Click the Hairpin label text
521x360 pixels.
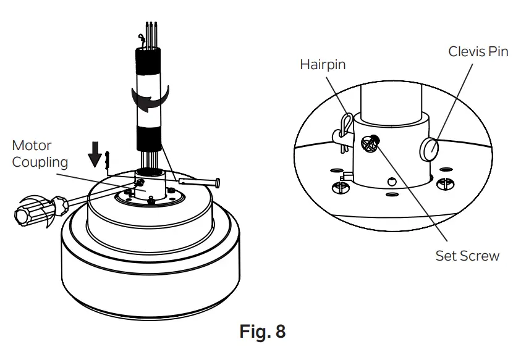[x=323, y=64]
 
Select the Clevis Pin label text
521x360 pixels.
[x=478, y=51]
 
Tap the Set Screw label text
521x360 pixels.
[x=467, y=256]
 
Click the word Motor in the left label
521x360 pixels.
[x=32, y=146]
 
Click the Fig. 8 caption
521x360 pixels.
[x=262, y=332]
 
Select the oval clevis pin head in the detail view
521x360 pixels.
[x=431, y=149]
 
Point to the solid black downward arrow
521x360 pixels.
[x=95, y=155]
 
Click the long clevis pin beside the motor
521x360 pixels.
[x=198, y=182]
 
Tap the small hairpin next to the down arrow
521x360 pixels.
[x=108, y=159]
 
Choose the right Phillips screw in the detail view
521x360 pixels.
[x=444, y=183]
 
